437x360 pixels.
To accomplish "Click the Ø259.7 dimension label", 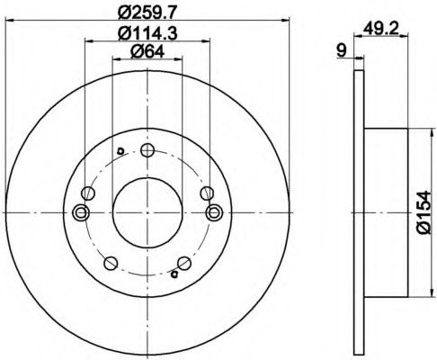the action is click(x=147, y=13).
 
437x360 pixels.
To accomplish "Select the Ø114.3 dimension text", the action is click(x=147, y=32).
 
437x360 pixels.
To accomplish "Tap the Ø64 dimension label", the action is click(x=147, y=52).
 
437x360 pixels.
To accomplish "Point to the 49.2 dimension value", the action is click(x=380, y=30).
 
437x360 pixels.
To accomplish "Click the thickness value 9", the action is click(x=342, y=50).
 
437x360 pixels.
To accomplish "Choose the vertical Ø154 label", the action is click(x=424, y=212).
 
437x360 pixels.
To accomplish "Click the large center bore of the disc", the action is click(x=147, y=212).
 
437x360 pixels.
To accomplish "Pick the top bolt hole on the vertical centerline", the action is click(x=147, y=149).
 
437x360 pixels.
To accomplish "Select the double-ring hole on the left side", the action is click(x=81, y=212).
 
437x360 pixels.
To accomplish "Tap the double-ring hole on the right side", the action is click(x=214, y=212).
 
